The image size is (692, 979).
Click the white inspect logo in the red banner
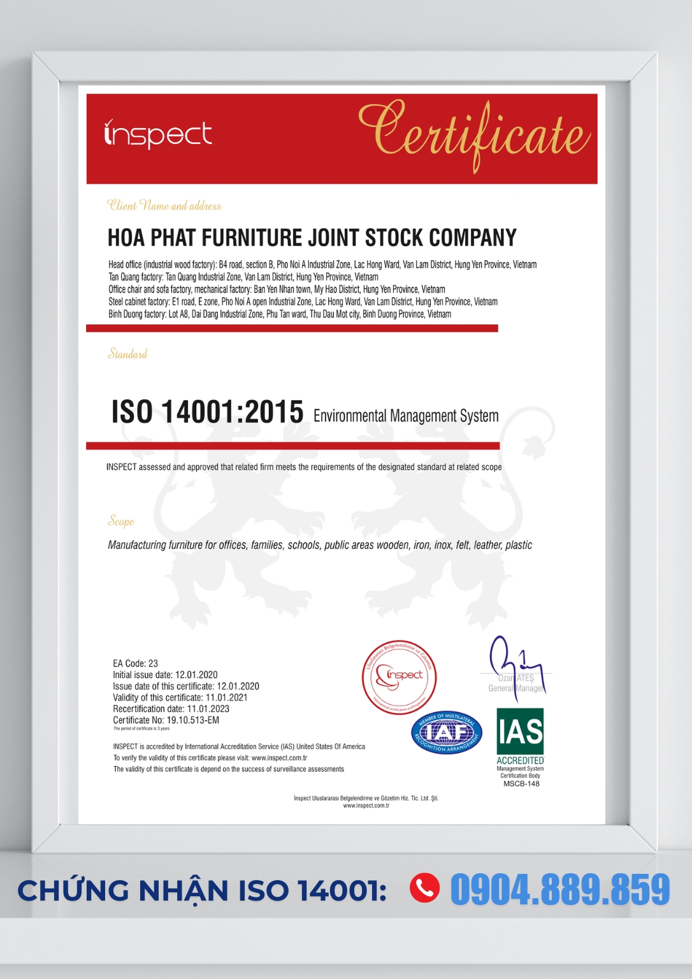tap(157, 134)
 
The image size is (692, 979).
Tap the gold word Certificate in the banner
tap(473, 134)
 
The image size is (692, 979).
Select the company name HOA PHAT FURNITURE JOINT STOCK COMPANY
tap(312, 238)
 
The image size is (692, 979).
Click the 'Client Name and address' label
tap(164, 205)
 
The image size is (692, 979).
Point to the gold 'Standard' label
tap(127, 354)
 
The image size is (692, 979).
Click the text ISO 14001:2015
tap(207, 412)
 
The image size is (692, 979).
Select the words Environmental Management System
tap(406, 416)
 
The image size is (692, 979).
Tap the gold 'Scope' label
tap(121, 521)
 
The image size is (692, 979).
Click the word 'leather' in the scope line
tap(487, 545)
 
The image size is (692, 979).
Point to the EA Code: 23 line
tap(135, 664)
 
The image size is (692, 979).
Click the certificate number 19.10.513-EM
tap(192, 720)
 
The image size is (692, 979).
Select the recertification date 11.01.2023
tap(208, 709)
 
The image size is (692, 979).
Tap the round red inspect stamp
tap(399, 677)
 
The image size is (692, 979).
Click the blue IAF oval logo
tap(446, 732)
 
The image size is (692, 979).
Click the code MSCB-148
tap(521, 784)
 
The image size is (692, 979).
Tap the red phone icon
tap(424, 888)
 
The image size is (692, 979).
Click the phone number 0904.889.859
tap(560, 890)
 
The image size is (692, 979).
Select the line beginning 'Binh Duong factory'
tap(280, 314)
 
